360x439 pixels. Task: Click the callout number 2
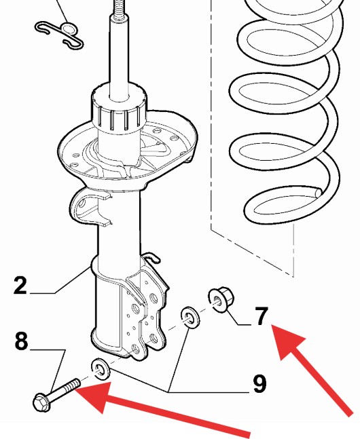(20, 285)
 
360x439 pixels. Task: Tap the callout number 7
(262, 316)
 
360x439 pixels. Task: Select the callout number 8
(21, 341)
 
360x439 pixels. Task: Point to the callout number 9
(259, 383)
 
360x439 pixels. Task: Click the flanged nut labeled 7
(221, 299)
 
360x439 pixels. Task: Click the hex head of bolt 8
(42, 402)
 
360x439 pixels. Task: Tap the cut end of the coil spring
(319, 193)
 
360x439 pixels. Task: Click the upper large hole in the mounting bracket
(154, 298)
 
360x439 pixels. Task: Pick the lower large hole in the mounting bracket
(153, 339)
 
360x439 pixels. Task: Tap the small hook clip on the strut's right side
(152, 257)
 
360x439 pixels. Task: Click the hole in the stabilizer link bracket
(82, 202)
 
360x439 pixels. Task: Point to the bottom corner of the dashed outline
(293, 277)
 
